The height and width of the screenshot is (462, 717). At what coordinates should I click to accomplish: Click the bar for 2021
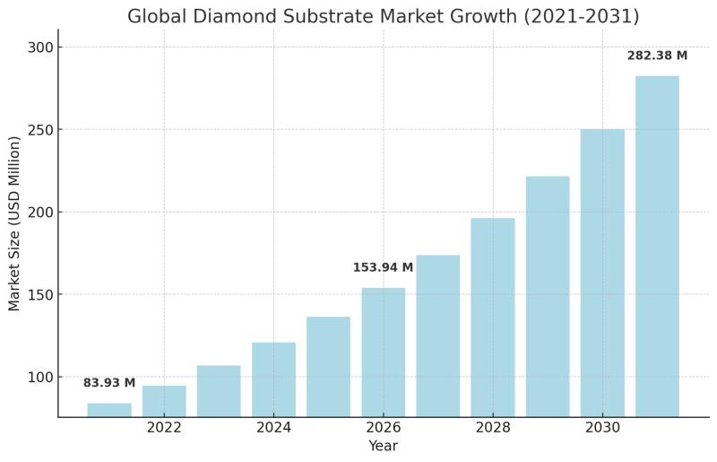click(x=109, y=410)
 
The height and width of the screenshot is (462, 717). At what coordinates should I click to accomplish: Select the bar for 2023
click(x=219, y=391)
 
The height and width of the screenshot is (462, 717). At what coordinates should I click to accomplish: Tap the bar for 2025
click(x=328, y=367)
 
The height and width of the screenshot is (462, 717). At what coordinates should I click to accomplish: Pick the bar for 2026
click(x=384, y=353)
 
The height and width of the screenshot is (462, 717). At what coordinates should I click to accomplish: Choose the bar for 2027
click(x=438, y=336)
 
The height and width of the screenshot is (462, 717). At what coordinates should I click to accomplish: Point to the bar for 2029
click(x=548, y=296)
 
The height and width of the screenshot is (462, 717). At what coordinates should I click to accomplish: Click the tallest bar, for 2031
click(x=657, y=247)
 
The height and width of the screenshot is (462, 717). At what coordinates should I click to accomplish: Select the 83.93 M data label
click(x=109, y=382)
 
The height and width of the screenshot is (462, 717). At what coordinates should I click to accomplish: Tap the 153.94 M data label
click(x=383, y=267)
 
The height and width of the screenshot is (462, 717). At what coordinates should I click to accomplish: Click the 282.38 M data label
click(x=657, y=56)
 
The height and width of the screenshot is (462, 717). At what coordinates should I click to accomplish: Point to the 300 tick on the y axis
click(x=40, y=48)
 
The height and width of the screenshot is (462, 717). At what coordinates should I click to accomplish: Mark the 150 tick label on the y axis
click(x=40, y=294)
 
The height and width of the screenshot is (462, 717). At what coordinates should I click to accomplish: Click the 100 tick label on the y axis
click(x=40, y=377)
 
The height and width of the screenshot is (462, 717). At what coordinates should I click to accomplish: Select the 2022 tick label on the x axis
click(x=164, y=428)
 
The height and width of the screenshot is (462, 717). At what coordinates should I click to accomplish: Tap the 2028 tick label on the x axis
click(x=493, y=428)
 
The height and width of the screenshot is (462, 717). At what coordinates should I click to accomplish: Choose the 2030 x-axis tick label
click(x=602, y=428)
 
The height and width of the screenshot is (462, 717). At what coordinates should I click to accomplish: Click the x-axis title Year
click(x=384, y=446)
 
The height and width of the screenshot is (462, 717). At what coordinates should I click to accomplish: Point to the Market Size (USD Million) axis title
click(x=14, y=223)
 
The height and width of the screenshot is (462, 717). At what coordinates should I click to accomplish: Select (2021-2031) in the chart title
click(x=581, y=16)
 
